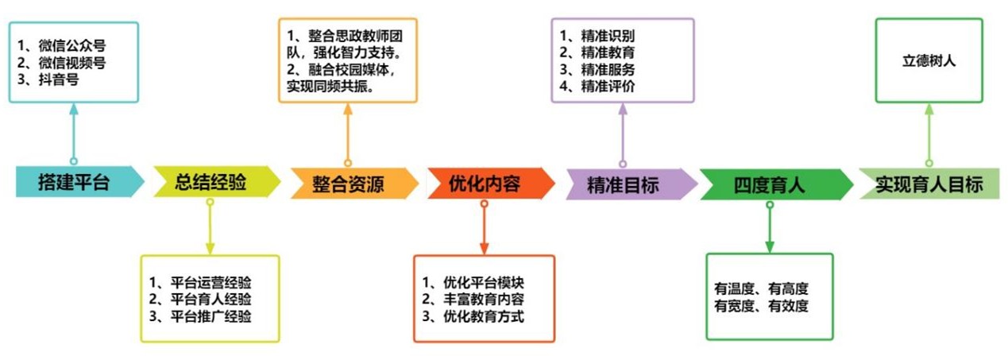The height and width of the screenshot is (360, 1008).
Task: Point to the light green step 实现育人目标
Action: [x=929, y=184]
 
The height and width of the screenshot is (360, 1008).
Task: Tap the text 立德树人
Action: [x=929, y=60]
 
